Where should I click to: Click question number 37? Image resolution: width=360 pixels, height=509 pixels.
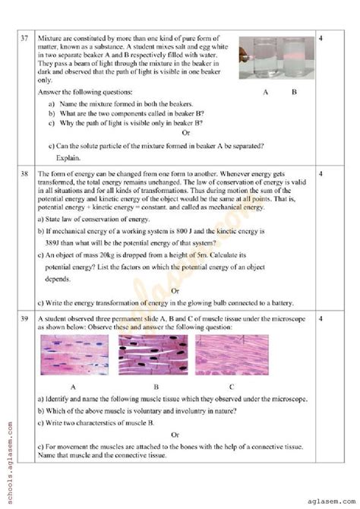tap(25, 37)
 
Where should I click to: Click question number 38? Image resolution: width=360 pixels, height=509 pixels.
tap(25, 174)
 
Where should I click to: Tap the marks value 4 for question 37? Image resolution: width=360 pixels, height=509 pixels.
tap(322, 37)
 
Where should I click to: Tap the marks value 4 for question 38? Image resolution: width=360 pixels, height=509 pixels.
tap(322, 174)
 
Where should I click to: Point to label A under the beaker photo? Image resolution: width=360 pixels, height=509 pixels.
tap(265, 92)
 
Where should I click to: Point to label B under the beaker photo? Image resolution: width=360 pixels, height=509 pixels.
tap(295, 92)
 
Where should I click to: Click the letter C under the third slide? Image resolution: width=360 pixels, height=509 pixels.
tap(232, 386)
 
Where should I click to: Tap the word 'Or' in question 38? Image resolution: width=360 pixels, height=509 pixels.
tap(175, 291)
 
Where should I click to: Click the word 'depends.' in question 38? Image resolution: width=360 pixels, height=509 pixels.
tap(61, 279)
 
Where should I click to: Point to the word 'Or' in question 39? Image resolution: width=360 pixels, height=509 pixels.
tap(175, 435)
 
